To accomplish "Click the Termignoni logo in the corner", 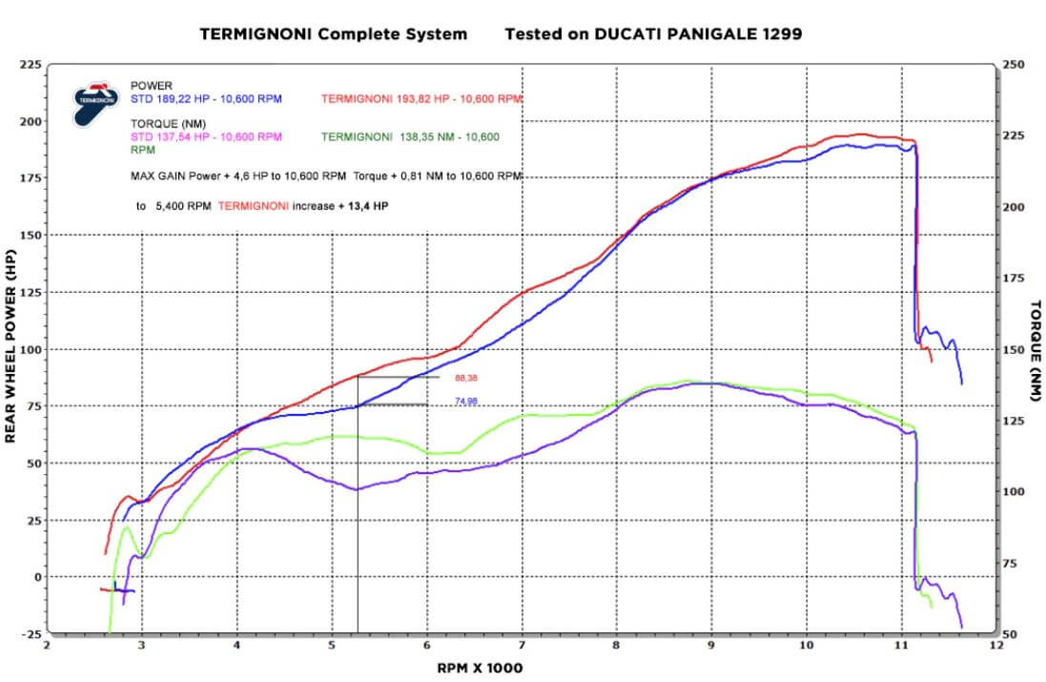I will point(96,102).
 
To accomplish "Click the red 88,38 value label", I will point(466,378).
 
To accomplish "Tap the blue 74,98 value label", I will point(466,402).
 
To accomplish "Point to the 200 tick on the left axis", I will point(29,122).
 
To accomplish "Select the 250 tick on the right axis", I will point(1014,65).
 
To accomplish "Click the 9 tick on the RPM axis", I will point(712,645).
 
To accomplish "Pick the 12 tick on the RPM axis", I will point(996,645).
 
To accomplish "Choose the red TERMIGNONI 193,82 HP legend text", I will point(421,98).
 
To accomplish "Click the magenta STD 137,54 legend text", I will point(206,136).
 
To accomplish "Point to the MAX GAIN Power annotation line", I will point(325,176).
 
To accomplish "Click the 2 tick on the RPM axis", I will point(48,645).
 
